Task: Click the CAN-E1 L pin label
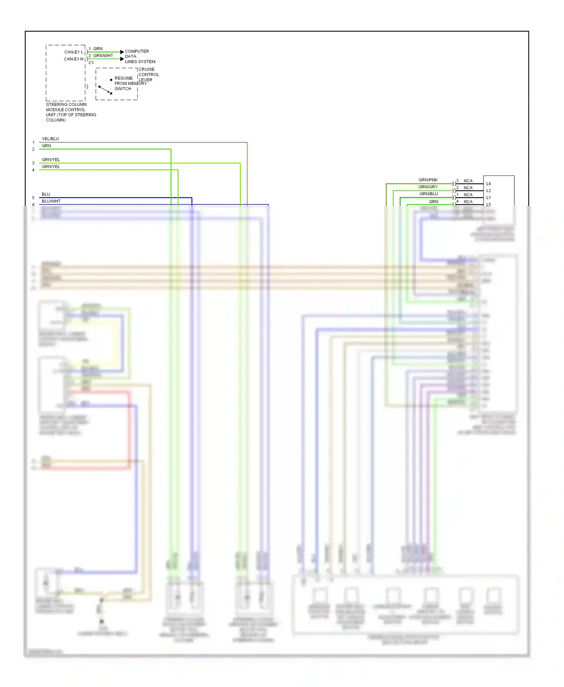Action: [74, 52]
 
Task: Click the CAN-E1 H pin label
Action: [74, 59]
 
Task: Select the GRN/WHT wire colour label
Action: [103, 56]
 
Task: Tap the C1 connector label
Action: [91, 63]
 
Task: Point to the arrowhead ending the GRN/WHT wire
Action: [122, 59]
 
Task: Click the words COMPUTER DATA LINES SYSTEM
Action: [139, 56]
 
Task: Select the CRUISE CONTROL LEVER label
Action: [148, 74]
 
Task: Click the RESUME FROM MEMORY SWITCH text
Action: [130, 83]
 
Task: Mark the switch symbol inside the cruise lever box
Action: [105, 90]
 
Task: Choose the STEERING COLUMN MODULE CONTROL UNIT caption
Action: [71, 112]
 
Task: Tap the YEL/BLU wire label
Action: [50, 139]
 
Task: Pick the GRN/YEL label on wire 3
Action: [51, 160]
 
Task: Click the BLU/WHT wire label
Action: [51, 201]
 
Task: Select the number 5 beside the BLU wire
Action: [33, 198]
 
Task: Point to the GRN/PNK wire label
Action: [428, 180]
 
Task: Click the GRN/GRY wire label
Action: [428, 187]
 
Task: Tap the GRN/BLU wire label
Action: [429, 194]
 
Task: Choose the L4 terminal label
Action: [488, 184]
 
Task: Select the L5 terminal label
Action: [488, 204]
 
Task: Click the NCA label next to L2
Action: [468, 188]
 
